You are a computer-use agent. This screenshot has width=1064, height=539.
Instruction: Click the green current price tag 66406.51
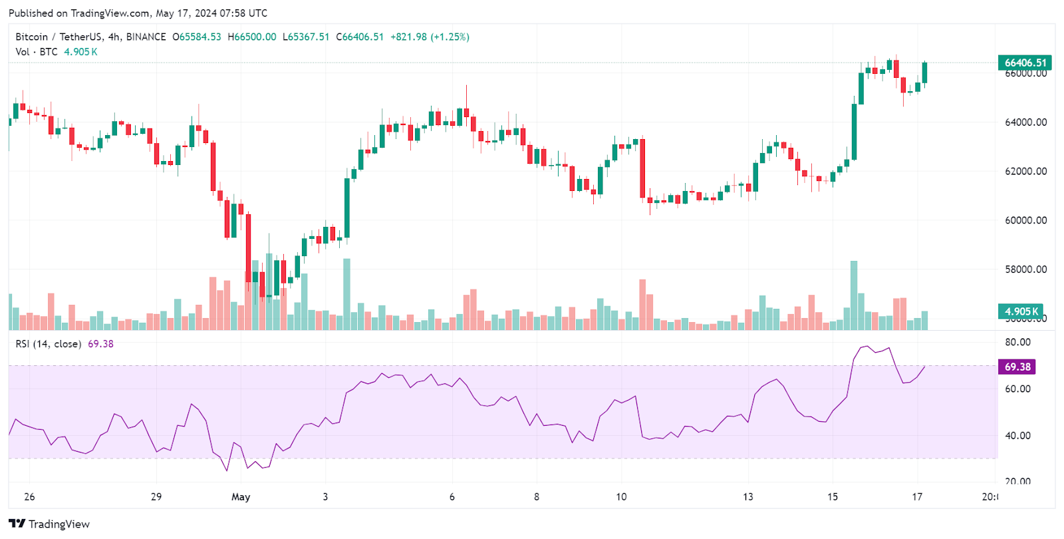1025,63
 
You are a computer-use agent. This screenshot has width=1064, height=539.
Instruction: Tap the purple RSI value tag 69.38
1017,367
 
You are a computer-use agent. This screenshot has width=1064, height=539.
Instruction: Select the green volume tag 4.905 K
1021,311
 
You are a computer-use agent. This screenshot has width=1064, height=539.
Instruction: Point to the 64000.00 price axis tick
1025,122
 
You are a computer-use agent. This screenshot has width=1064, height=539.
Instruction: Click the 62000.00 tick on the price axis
1025,171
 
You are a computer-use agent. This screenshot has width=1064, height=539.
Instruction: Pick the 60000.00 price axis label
1025,220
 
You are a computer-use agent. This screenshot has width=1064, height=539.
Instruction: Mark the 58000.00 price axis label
1025,269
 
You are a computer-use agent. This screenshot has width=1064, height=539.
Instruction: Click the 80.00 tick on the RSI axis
1017,342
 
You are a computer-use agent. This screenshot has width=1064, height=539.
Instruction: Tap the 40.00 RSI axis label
1017,436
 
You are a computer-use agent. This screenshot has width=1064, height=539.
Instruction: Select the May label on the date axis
241,497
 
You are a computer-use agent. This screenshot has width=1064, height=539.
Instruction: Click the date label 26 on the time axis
29,497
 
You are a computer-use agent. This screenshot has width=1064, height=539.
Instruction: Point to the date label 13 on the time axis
748,497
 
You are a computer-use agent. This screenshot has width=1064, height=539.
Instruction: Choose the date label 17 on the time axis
917,497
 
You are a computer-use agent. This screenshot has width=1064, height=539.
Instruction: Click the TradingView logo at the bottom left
49,524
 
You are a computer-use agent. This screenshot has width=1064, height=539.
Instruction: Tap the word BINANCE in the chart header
146,37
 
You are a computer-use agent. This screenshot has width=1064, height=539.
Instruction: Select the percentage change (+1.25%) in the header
450,37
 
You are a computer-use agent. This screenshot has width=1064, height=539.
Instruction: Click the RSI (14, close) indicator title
49,344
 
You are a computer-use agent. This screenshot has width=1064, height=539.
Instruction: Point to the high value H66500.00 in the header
252,37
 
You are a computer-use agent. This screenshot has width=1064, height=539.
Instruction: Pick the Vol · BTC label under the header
37,52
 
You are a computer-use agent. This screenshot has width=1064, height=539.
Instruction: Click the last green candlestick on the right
924,73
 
